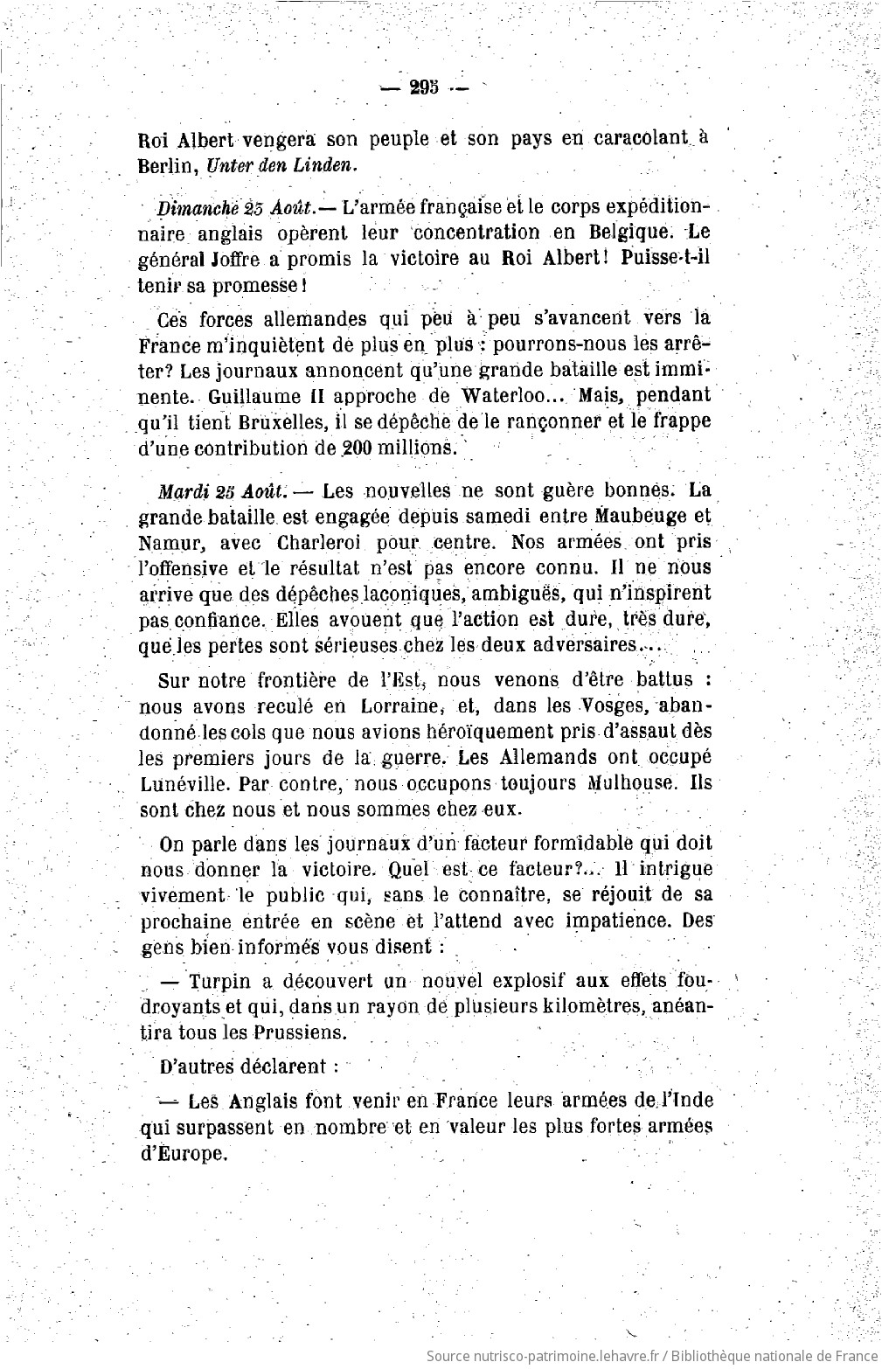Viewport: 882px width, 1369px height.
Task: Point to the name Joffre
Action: coord(229,260)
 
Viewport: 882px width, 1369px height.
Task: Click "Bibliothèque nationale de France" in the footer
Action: coord(776,1354)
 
